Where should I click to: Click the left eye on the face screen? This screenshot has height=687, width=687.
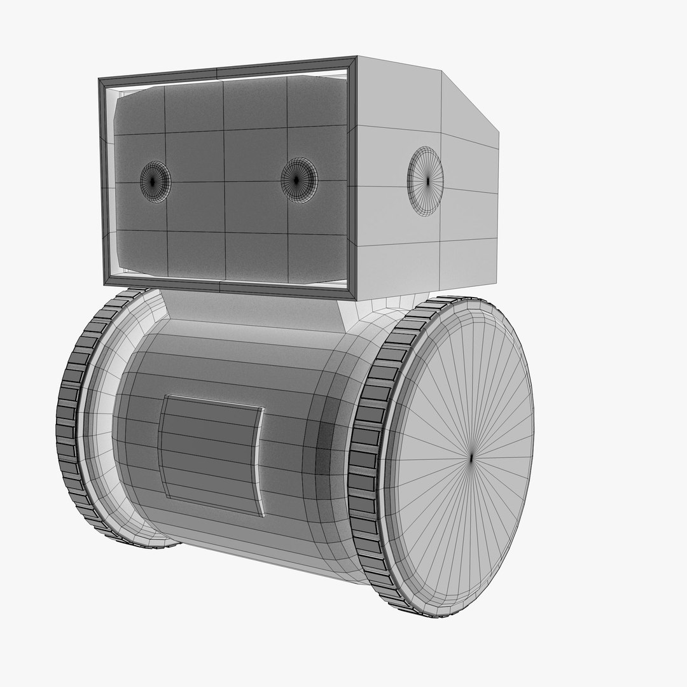tap(155, 181)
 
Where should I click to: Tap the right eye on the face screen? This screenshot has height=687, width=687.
tap(298, 180)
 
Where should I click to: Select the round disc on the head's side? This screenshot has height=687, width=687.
tap(426, 181)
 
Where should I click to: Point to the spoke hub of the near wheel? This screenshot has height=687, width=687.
tap(471, 457)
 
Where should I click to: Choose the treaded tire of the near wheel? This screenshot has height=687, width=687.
tap(365, 458)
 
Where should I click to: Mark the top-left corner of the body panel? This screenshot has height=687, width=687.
tap(166, 396)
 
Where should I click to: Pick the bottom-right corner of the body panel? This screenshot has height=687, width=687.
tap(263, 515)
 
